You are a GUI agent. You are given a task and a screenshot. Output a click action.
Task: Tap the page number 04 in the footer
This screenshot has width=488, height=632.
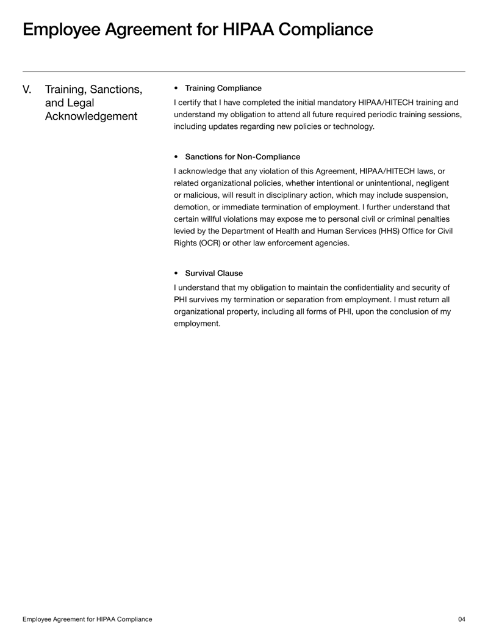(461, 619)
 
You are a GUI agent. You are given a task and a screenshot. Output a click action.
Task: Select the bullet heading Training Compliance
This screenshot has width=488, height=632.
(223, 89)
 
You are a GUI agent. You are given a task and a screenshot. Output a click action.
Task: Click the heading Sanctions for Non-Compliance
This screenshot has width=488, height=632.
(242, 157)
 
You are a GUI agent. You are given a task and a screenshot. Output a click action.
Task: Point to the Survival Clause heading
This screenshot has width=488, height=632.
(213, 273)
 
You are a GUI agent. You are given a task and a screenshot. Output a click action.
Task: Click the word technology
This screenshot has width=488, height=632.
(350, 126)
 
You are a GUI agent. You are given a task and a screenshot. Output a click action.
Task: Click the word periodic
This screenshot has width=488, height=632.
(369, 114)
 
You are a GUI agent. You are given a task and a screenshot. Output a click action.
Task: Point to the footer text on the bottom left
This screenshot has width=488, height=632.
(87, 619)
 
